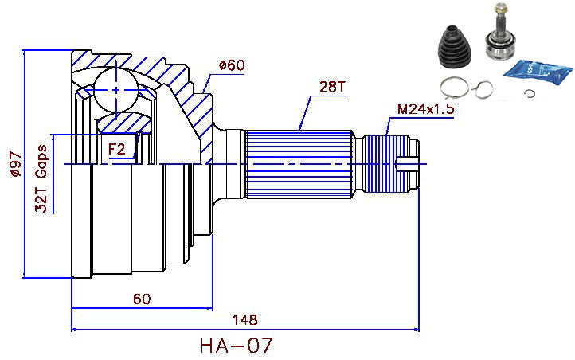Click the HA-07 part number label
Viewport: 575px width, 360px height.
[x=237, y=346]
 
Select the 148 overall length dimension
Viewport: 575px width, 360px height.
[x=245, y=320]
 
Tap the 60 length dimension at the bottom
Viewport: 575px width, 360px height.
[x=142, y=299]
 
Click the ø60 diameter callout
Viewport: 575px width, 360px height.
[x=230, y=65]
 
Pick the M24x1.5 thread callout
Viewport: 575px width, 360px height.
[x=425, y=110]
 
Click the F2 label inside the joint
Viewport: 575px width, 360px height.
[x=116, y=148]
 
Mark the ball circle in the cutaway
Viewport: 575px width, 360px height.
[x=117, y=90]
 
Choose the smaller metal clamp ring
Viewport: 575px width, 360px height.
[x=483, y=89]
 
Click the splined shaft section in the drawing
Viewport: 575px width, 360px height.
[x=303, y=163]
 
